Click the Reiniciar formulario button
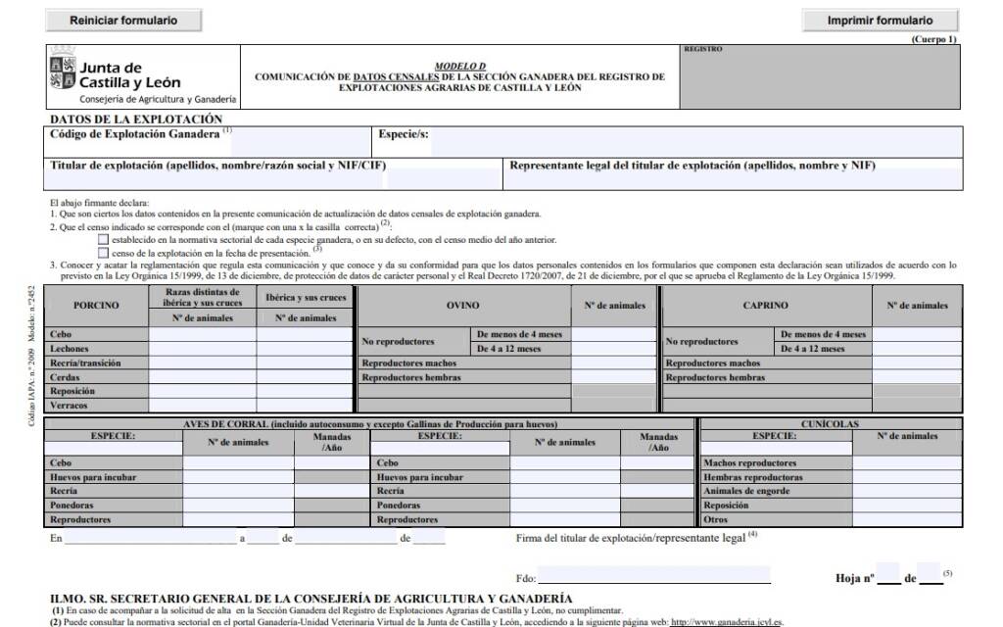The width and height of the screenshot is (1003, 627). click(123, 20)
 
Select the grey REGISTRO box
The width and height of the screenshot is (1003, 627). click(819, 76)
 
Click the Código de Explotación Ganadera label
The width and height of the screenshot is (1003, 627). click(135, 134)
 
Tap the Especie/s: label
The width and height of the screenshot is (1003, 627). click(403, 134)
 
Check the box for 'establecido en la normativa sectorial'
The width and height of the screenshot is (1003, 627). click(103, 239)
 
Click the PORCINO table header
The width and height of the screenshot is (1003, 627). click(96, 305)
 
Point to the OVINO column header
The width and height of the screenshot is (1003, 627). click(462, 305)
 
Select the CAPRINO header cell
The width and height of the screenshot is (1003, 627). click(765, 305)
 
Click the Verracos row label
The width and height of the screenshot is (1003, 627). click(69, 405)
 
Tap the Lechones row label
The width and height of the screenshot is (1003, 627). click(70, 349)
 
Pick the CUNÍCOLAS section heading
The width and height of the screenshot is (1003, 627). click(829, 424)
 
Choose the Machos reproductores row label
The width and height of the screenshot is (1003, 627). click(750, 463)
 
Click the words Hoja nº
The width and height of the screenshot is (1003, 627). click(854, 578)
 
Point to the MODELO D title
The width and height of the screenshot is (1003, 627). click(459, 65)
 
